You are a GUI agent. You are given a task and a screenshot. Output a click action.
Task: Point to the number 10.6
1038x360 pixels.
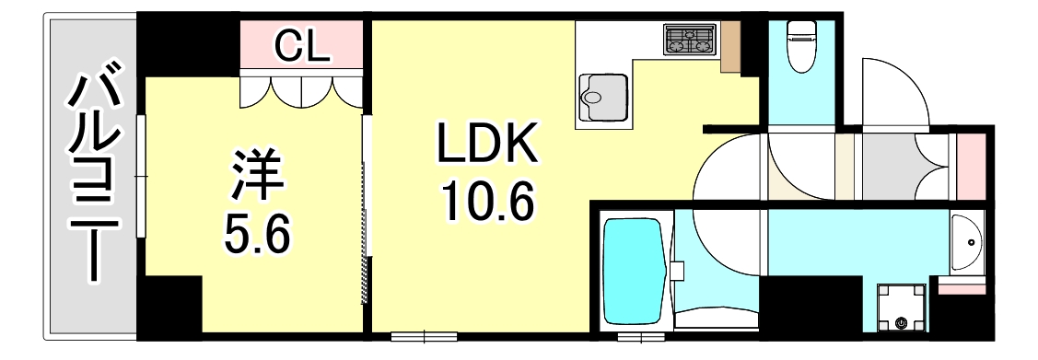[487, 204]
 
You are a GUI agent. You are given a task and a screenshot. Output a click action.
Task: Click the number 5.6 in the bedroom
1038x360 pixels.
[259, 236]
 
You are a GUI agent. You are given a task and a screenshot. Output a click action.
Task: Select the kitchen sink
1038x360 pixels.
[603, 96]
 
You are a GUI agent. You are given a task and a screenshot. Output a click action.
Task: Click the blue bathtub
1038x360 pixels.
[634, 269]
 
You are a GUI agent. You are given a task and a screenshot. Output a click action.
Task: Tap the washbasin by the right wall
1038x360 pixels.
[966, 243]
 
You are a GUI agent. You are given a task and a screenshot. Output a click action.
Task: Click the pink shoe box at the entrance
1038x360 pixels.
[970, 167]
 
